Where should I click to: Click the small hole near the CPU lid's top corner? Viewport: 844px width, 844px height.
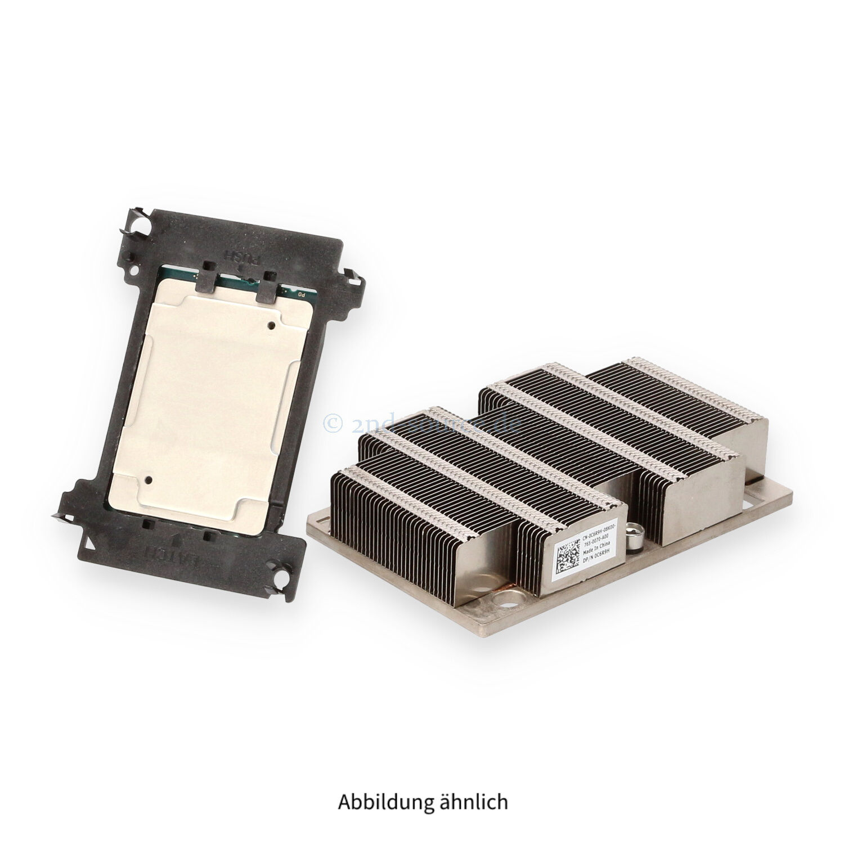coord(272,325)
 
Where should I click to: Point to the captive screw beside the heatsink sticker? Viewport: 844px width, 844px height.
coord(635,532)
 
